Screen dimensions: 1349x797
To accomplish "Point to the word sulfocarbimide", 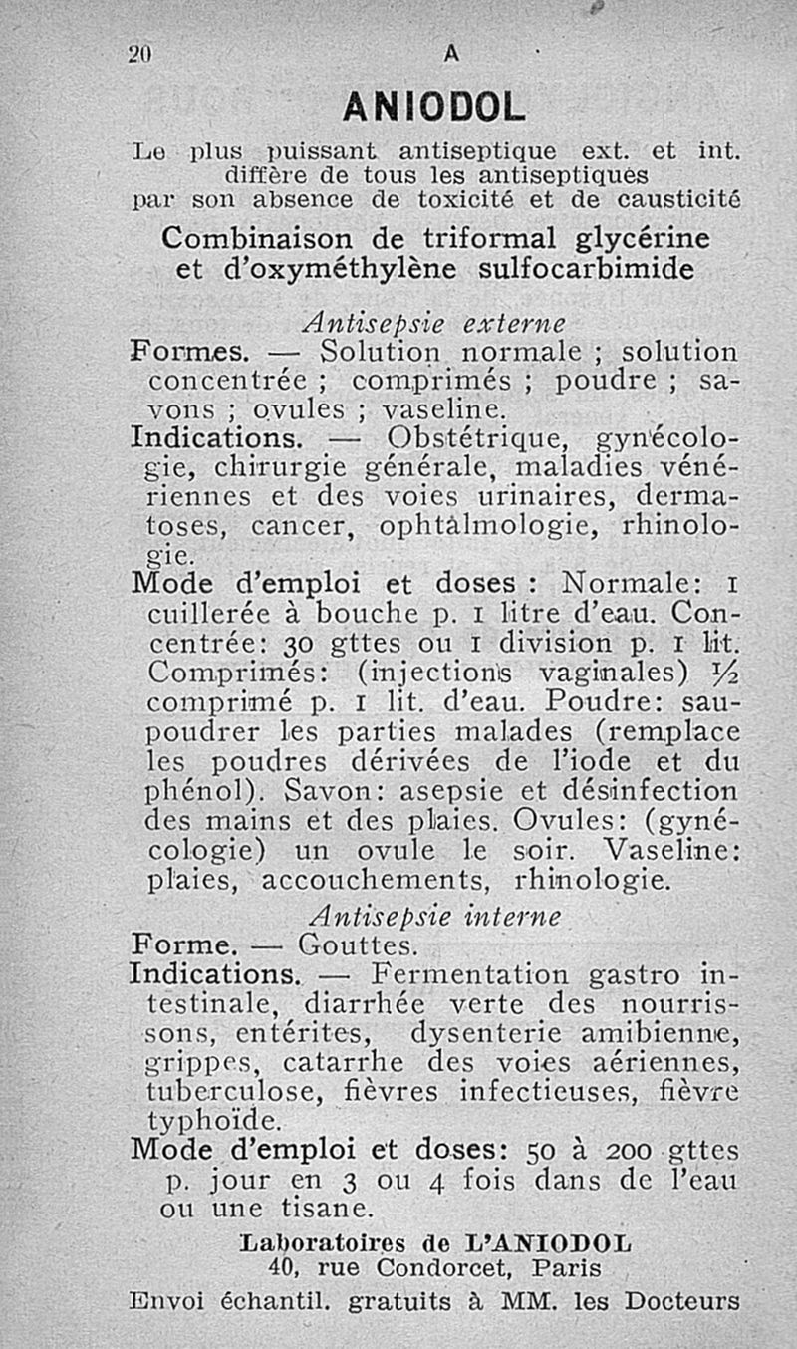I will [586, 270].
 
